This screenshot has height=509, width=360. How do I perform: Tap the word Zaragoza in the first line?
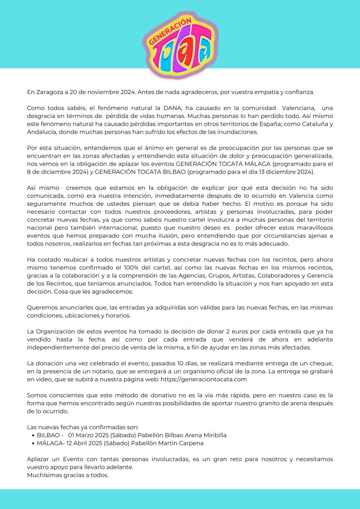51,92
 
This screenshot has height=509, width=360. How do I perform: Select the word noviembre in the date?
102,92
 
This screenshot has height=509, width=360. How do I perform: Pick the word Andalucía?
43,132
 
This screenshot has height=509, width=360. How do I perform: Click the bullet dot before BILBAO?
32,435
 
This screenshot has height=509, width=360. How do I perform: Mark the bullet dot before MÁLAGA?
32,443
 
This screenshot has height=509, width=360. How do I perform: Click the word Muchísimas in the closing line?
45,475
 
